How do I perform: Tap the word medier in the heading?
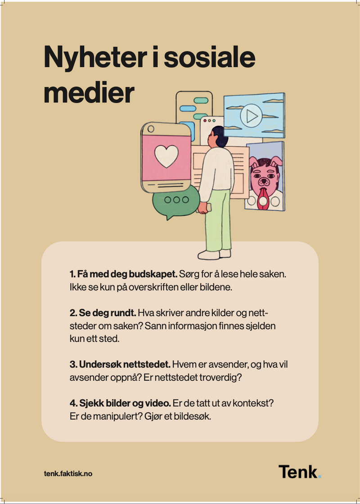89,93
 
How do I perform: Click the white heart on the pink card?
166,156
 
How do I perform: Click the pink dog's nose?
264,182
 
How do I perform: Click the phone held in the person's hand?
206,208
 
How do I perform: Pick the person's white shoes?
214,254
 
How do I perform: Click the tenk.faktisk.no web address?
68,473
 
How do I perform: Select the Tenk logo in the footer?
300,472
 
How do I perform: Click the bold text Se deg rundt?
103,313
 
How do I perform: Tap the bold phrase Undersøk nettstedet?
120,364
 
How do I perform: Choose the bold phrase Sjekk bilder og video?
120,404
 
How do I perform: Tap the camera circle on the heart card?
151,129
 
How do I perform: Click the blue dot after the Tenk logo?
319,477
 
